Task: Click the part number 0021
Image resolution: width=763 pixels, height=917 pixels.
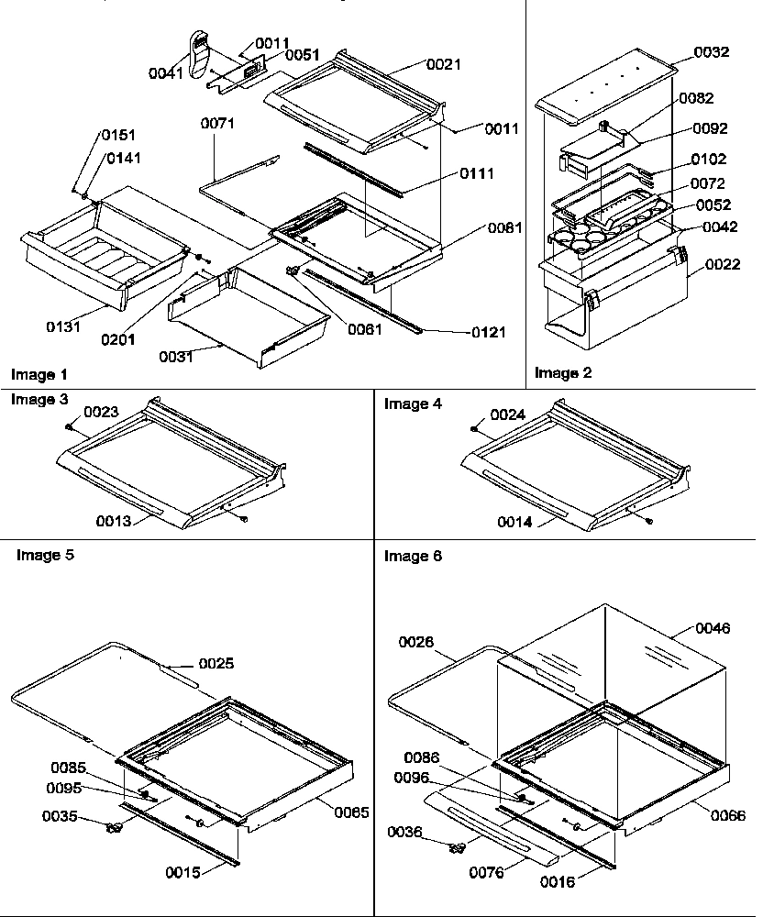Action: (x=443, y=64)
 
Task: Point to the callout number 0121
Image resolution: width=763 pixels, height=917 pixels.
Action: (x=489, y=332)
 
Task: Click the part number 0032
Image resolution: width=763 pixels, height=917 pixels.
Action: (x=712, y=52)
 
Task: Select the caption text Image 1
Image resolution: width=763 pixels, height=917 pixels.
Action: (x=39, y=374)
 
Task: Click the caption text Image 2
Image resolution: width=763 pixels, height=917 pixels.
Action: (x=563, y=372)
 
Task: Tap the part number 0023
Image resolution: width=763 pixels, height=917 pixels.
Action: (x=103, y=413)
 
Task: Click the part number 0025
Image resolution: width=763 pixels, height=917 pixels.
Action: (x=216, y=663)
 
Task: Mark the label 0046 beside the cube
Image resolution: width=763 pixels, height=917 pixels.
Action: (x=713, y=628)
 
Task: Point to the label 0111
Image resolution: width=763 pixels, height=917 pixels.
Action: (x=475, y=173)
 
